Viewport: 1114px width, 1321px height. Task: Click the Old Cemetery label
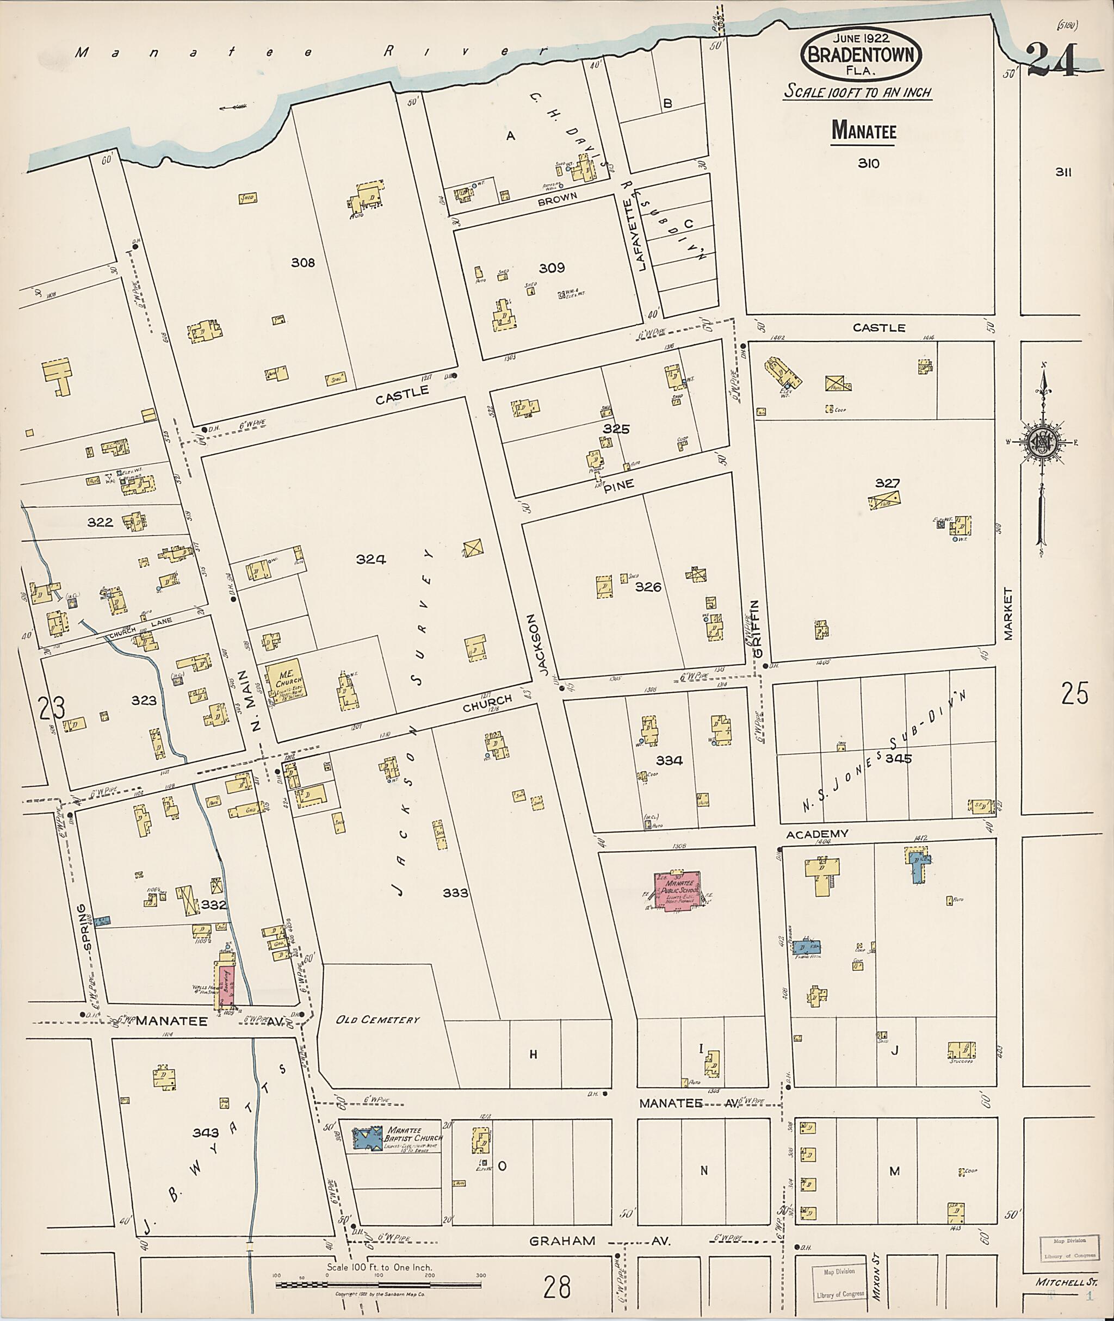tap(377, 1020)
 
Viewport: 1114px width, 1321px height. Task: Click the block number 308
tap(302, 262)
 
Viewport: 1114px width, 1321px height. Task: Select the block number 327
tap(887, 483)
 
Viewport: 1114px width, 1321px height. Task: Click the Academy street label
tap(816, 834)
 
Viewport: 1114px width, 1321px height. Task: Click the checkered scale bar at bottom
tap(379, 1285)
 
